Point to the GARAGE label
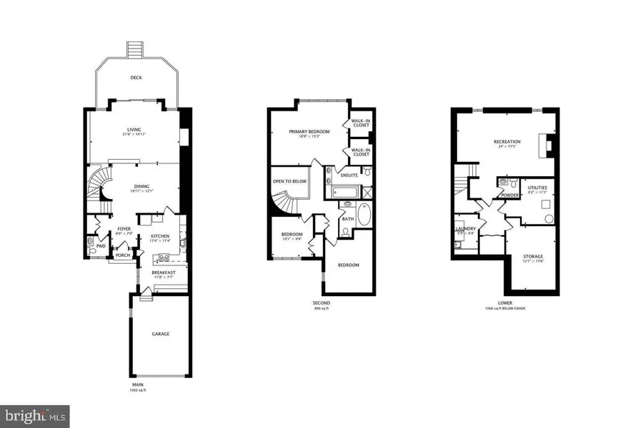click(159, 334)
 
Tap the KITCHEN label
click(159, 236)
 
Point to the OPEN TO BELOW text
click(288, 181)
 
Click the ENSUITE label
click(349, 175)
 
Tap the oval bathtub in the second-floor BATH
click(364, 214)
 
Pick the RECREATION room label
click(507, 142)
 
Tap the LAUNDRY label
click(465, 229)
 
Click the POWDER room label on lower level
click(509, 194)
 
